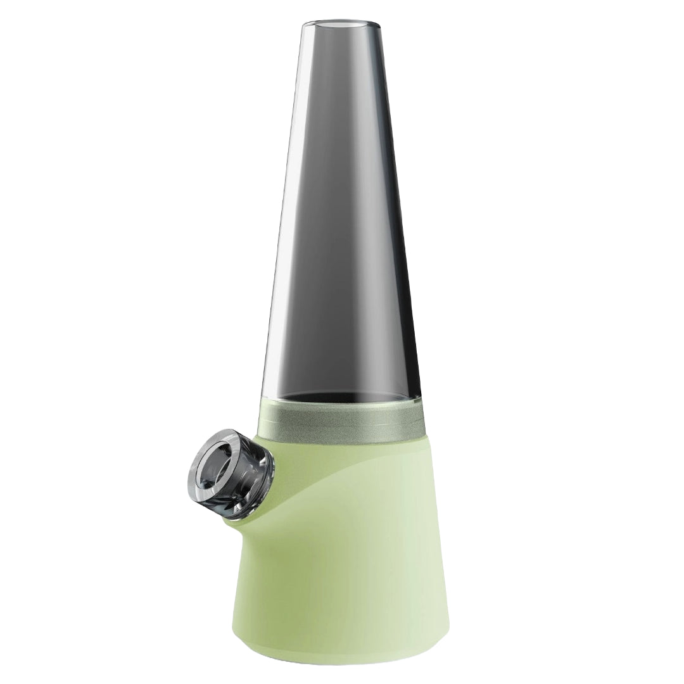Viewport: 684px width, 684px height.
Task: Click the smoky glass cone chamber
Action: (x=342, y=222)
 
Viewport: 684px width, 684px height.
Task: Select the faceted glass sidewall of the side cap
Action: (x=250, y=465)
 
